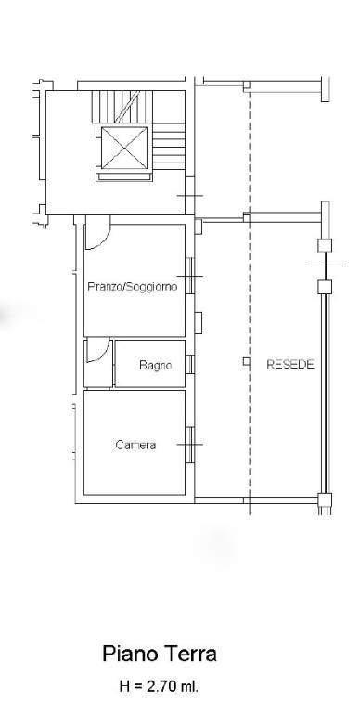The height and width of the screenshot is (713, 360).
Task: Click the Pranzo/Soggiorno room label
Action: (x=133, y=287)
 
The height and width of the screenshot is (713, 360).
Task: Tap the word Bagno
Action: (x=156, y=365)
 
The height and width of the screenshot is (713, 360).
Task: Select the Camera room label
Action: (x=135, y=446)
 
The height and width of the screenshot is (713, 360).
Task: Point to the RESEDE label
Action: (x=290, y=364)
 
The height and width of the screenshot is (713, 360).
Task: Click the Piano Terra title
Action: (x=160, y=654)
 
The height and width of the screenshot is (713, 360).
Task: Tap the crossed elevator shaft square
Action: (x=124, y=148)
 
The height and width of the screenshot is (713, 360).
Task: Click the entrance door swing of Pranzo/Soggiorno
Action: (x=97, y=232)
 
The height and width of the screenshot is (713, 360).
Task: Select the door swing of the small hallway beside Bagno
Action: (x=97, y=350)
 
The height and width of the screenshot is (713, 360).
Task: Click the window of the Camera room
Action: (x=189, y=445)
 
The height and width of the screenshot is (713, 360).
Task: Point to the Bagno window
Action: (x=189, y=364)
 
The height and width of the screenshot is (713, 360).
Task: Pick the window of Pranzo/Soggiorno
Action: (x=189, y=276)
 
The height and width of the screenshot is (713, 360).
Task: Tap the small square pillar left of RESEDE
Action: (x=247, y=361)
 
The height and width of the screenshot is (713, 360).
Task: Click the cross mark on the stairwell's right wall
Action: (x=190, y=196)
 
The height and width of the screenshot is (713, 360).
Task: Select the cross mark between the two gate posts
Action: (x=326, y=266)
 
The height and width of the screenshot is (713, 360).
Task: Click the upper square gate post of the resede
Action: (x=325, y=245)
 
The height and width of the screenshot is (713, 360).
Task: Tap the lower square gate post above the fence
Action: (x=325, y=287)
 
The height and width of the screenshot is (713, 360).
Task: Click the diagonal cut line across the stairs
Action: (x=127, y=107)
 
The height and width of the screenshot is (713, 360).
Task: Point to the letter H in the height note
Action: (x=124, y=686)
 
